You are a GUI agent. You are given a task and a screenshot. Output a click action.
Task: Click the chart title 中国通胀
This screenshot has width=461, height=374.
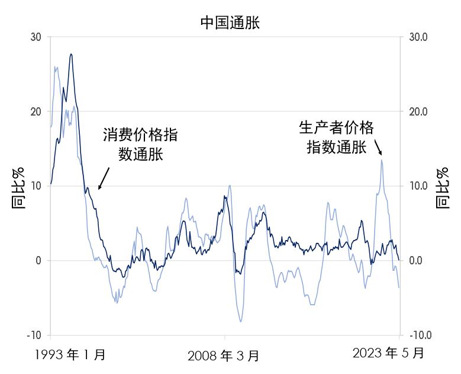coord(230,23)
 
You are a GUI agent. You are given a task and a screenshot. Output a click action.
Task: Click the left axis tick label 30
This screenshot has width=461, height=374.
coord(36,37)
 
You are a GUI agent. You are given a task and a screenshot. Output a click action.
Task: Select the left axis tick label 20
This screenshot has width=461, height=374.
coord(36,111)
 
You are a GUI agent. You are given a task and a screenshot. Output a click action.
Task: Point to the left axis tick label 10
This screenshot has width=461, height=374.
coord(36,186)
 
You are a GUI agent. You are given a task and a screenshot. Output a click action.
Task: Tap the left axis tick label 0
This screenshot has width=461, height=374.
coord(38,261)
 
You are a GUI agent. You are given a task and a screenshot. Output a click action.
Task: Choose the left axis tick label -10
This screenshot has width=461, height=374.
coord(34,335)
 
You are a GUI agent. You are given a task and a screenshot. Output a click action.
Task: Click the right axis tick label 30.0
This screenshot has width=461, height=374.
coord(418,37)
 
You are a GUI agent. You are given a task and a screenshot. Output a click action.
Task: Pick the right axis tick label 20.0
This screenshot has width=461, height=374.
coord(418,111)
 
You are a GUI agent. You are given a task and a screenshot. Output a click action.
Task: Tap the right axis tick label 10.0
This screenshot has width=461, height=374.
coord(418,186)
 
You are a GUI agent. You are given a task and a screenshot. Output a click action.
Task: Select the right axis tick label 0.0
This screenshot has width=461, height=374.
coord(415,261)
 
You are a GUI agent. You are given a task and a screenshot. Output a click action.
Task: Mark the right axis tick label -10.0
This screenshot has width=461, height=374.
coord(420,335)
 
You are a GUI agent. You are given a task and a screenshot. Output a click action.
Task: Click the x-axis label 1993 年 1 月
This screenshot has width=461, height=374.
coord(70,354)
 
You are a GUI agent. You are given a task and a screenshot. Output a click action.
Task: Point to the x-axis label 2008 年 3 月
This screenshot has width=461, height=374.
coord(223,356)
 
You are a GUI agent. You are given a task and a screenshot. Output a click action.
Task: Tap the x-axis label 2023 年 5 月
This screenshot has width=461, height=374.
coord(388,353)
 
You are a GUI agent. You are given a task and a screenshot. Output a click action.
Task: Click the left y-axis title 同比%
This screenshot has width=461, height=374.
coord(19,188)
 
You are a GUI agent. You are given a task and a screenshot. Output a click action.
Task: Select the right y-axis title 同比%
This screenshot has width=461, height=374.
coord(443,188)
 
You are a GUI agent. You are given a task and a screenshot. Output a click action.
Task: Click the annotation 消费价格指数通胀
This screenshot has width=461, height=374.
coord(140,144)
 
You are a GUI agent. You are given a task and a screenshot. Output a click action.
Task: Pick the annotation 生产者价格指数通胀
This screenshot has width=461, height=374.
coord(336,138)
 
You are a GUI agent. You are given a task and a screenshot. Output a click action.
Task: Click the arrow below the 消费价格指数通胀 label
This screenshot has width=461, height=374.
coord(104,178)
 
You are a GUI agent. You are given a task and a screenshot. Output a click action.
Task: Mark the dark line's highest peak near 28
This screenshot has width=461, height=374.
coord(71,54)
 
